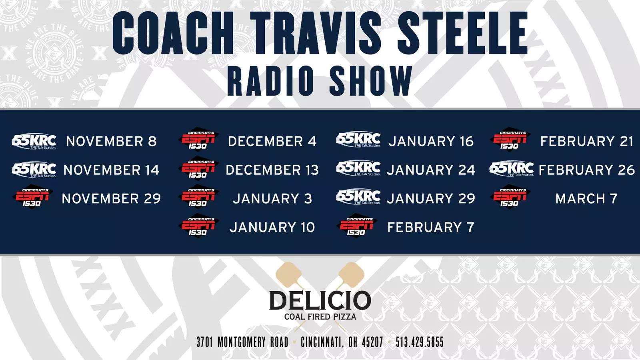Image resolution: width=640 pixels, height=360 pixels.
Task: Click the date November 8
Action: [112, 141]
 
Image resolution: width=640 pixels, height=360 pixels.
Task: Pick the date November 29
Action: [112, 198]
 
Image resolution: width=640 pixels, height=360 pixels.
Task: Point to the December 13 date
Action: [272, 170]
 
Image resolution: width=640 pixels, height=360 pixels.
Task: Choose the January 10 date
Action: [272, 227]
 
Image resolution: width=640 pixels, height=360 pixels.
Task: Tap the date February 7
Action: [430, 227]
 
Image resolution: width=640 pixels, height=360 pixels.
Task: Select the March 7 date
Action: [586, 198]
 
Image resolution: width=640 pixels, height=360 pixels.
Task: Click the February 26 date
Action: [586, 170]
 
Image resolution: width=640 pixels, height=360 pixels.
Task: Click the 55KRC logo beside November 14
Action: [34, 170]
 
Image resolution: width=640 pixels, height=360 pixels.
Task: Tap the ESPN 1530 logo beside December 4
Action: [199, 140]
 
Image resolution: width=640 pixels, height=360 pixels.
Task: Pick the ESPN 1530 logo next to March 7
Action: [510, 197]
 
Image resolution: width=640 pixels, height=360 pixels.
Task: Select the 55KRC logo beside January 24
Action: [358, 168]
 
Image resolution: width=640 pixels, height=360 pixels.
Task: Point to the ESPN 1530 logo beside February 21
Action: [510, 140]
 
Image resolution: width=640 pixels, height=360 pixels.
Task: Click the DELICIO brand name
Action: [320, 300]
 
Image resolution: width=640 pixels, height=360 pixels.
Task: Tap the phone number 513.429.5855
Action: [420, 342]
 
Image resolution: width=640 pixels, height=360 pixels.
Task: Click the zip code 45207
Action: [372, 342]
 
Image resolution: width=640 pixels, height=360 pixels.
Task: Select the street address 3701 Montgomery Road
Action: [242, 342]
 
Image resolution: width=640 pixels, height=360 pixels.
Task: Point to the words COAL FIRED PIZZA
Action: [320, 316]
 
